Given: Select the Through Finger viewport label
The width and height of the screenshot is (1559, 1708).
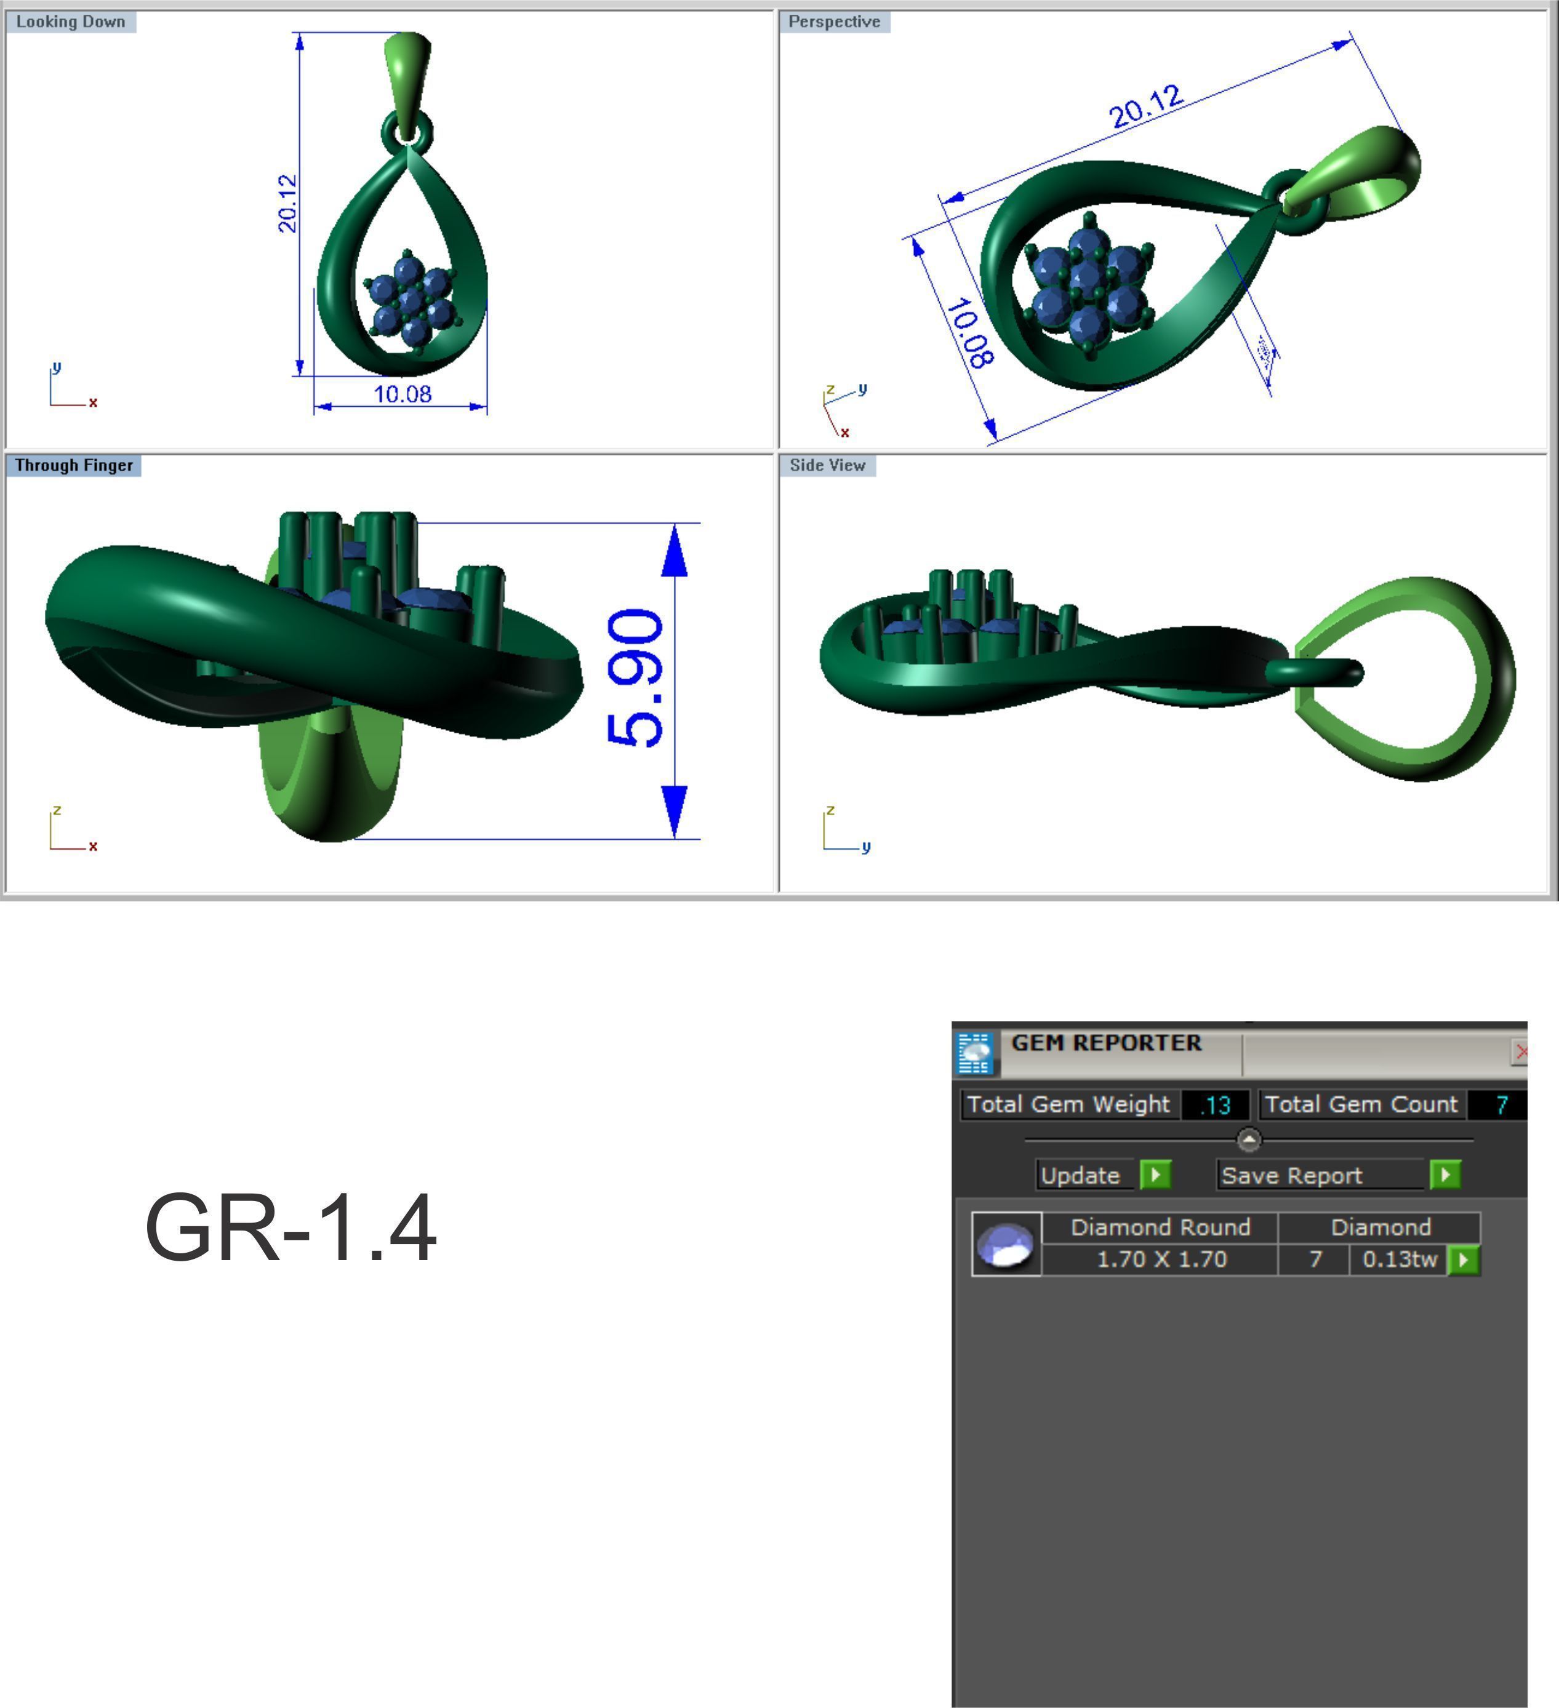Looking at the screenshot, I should (x=74, y=465).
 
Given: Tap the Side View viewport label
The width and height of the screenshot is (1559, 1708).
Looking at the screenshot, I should (x=827, y=465).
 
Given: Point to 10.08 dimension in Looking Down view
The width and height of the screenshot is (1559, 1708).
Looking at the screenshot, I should (x=403, y=394).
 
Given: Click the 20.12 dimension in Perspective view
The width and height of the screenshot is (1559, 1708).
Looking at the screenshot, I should (x=1145, y=107).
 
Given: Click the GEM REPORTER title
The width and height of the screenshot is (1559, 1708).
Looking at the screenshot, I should (x=1106, y=1043).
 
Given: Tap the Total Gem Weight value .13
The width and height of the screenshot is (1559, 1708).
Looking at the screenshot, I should (x=1215, y=1105).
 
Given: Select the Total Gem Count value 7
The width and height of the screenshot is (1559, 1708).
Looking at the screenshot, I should (x=1501, y=1105).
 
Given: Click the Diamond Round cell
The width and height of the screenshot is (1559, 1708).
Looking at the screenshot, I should (x=1160, y=1227).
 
